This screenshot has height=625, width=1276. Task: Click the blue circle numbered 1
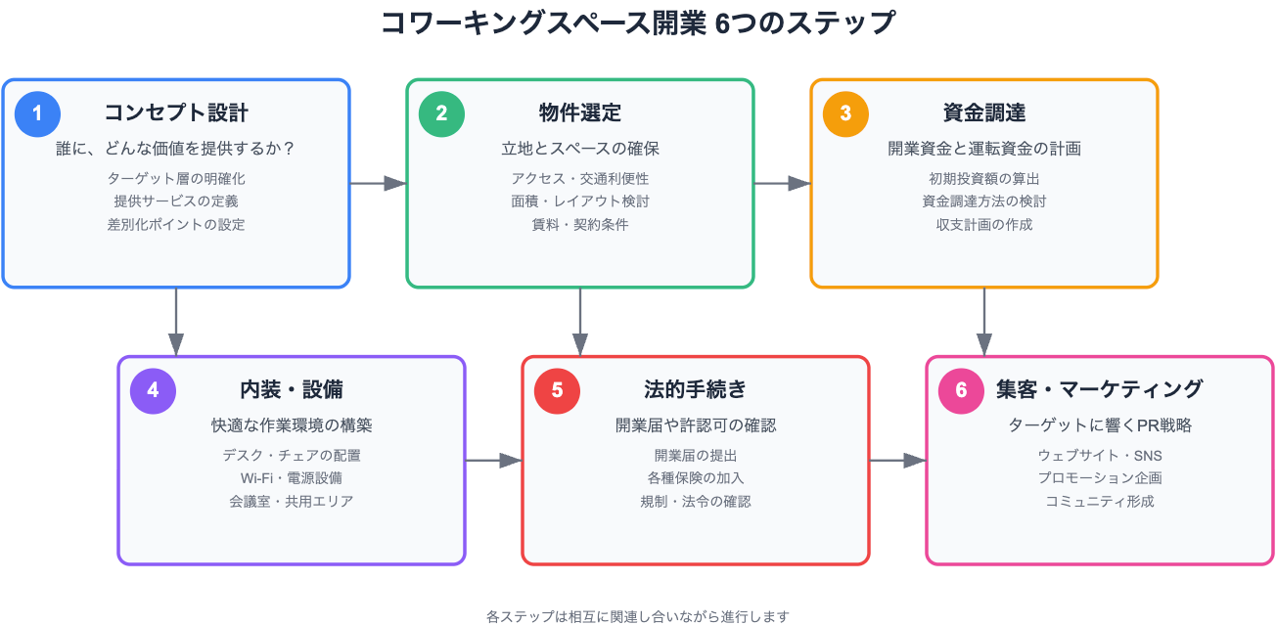point(37,113)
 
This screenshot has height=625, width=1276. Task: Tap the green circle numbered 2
point(441,113)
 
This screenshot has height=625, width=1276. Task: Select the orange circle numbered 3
point(845,113)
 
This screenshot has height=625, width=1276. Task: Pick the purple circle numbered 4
point(154,391)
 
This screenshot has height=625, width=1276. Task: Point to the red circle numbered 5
point(557,391)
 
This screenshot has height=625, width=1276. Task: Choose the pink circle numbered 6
point(962,391)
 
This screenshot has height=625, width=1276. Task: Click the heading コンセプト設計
point(176,112)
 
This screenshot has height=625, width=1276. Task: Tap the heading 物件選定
point(580,112)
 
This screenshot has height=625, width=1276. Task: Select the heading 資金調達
point(984,112)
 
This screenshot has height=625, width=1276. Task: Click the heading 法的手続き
point(696,390)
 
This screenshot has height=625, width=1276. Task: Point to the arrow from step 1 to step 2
point(379,183)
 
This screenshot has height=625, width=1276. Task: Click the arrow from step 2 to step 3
point(783,183)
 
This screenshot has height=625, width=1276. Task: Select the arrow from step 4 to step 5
point(494,461)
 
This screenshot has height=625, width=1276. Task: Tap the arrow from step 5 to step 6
point(898,461)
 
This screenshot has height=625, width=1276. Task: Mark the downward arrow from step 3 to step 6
point(984,322)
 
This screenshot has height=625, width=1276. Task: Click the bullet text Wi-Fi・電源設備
point(292,478)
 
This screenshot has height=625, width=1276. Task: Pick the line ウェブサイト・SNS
point(1100,456)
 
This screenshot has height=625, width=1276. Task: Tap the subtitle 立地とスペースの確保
point(580,149)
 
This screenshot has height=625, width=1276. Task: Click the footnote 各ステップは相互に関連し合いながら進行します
point(638,616)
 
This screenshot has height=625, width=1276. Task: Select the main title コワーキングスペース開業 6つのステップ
point(638,23)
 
